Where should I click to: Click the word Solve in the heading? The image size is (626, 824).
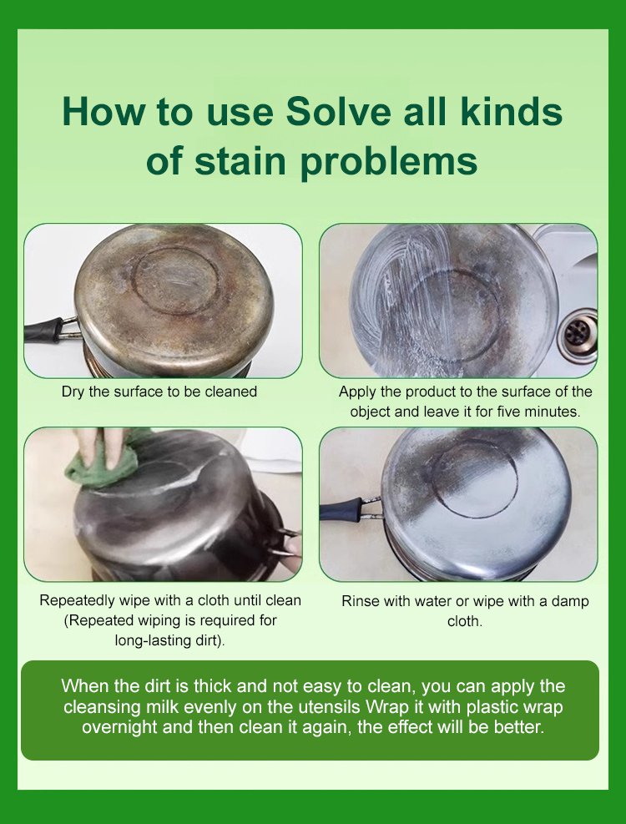click(339, 111)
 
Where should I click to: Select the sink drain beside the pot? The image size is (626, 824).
click(577, 334)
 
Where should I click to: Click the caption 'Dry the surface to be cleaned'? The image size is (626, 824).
click(159, 392)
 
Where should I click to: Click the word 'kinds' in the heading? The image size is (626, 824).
click(512, 111)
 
